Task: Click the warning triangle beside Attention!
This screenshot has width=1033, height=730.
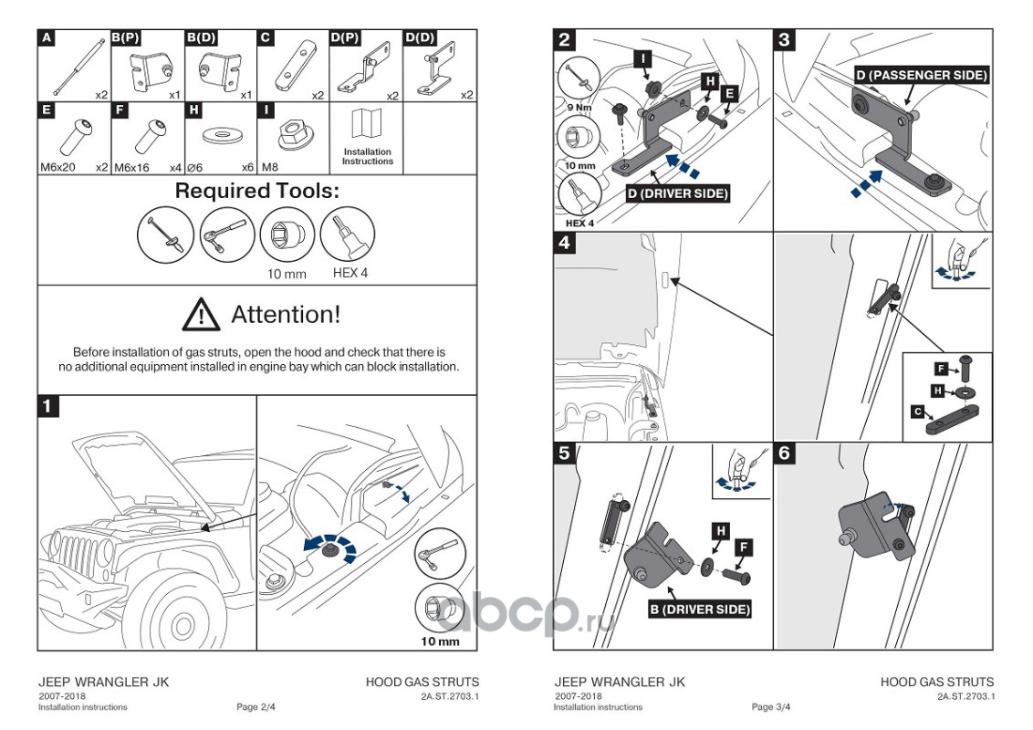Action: [201, 315]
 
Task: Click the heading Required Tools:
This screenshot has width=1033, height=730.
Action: [256, 192]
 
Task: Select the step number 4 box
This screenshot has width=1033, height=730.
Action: [565, 243]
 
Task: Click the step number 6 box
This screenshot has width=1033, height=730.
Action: [784, 453]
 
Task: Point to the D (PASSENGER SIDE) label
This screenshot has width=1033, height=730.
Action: [921, 75]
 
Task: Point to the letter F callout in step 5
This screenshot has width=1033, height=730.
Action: [744, 547]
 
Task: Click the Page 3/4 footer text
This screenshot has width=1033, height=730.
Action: [771, 707]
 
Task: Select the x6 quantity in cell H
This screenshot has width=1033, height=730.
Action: [247, 168]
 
